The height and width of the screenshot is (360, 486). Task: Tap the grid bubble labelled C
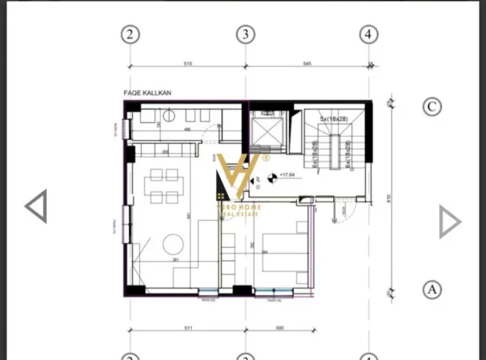pyautogui.click(x=432, y=106)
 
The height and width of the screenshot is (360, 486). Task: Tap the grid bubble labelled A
pyautogui.click(x=432, y=290)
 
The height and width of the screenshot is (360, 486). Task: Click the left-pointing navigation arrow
pyautogui.click(x=36, y=206)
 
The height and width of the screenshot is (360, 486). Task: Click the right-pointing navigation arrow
pyautogui.click(x=450, y=222)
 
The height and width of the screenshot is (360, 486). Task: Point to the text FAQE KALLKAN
pyautogui.click(x=148, y=93)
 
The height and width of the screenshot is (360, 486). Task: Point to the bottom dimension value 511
pyautogui.click(x=188, y=328)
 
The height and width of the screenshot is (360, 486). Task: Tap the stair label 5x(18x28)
pyautogui.click(x=333, y=119)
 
